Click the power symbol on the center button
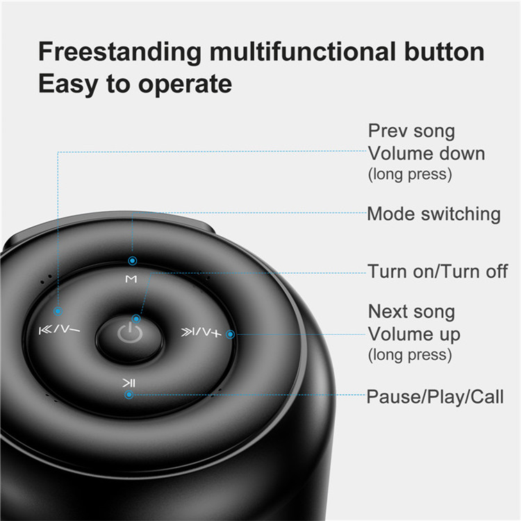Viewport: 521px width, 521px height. [130, 333]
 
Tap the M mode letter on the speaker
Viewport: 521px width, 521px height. [131, 279]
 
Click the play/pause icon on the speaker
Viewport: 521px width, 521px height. [129, 383]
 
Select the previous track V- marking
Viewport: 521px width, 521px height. [60, 329]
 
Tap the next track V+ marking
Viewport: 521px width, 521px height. [201, 332]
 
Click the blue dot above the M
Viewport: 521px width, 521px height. [132, 260]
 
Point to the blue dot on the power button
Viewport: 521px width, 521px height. [136, 319]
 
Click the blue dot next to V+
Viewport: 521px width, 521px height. [230, 334]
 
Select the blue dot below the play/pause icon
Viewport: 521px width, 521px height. [129, 395]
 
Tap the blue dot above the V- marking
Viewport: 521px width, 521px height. [58, 311]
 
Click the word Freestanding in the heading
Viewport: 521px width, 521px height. [120, 53]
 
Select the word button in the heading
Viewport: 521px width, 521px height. [445, 51]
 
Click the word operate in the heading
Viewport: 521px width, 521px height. [185, 85]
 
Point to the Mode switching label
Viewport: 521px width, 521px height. [433, 214]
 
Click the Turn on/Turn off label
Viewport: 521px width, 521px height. [438, 272]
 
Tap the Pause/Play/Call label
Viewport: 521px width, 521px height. [435, 397]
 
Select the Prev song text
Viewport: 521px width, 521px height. [411, 131]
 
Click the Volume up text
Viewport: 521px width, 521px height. [414, 334]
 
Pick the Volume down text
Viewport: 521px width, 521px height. [427, 154]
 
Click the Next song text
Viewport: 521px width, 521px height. [411, 312]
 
